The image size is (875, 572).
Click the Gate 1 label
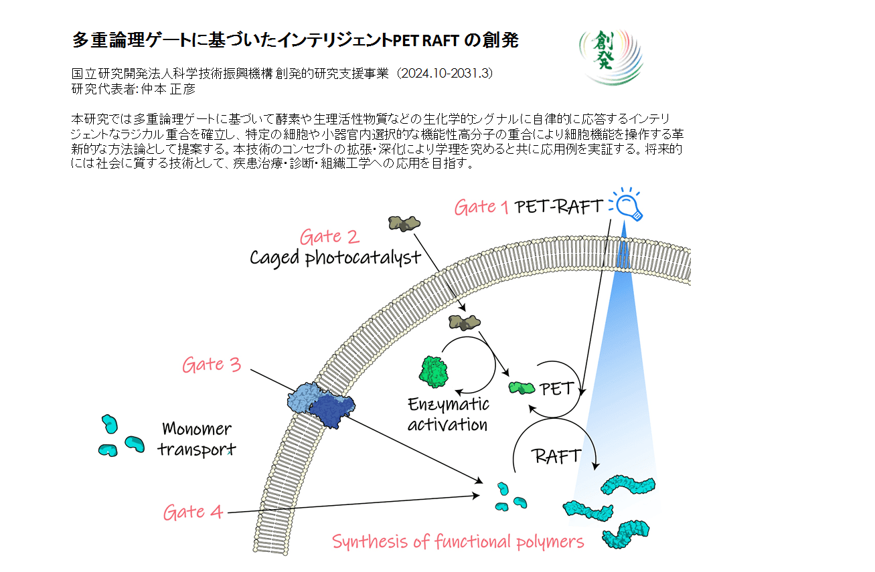click(x=481, y=207)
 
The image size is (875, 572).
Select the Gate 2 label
click(x=329, y=237)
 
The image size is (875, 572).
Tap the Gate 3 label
click(x=211, y=365)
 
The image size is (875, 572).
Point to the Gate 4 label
click(x=193, y=512)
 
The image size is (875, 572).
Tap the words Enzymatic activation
click(x=448, y=414)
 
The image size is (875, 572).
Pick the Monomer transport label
click(x=197, y=438)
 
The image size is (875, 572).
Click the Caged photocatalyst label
click(x=335, y=258)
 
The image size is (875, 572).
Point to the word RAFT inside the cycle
click(x=556, y=457)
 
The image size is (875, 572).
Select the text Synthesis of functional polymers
click(x=458, y=541)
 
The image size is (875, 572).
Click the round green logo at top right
click(x=610, y=56)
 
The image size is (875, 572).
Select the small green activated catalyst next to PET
click(x=522, y=387)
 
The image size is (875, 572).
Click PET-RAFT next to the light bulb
click(x=560, y=206)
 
